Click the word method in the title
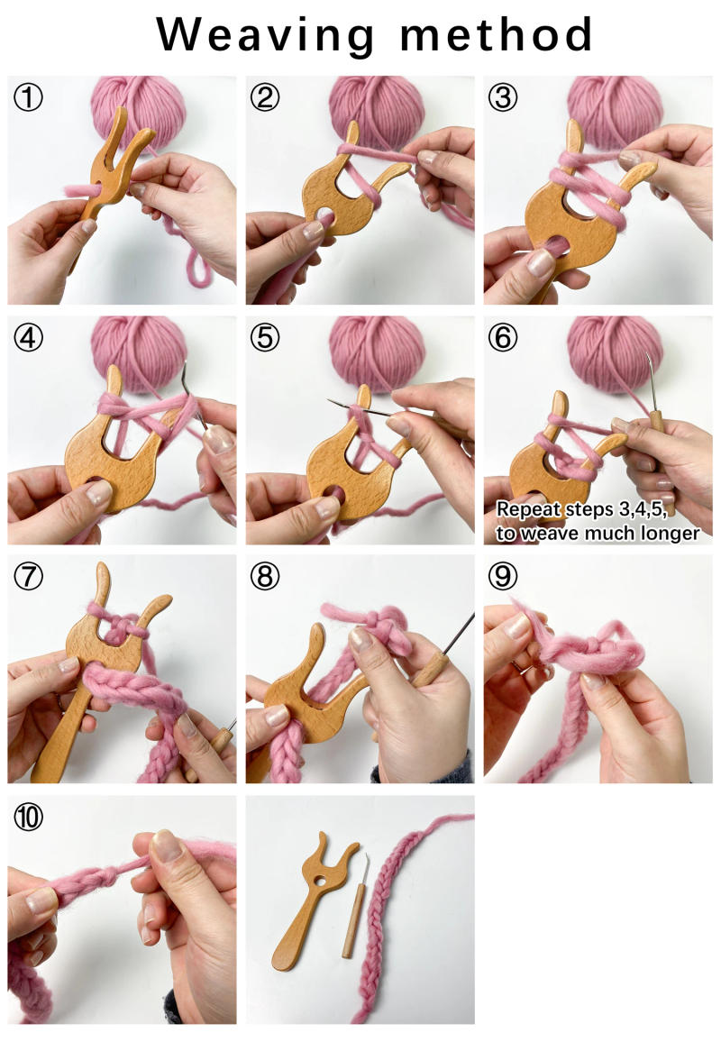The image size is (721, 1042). pos(496,34)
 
